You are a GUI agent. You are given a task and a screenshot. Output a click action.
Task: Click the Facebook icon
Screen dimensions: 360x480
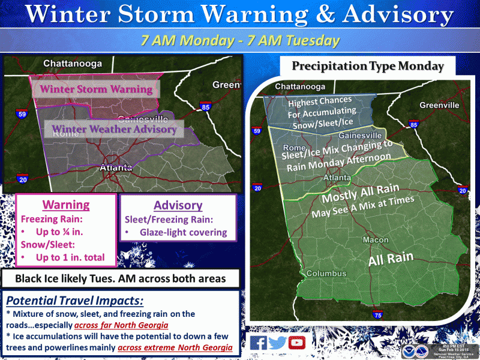(259, 343)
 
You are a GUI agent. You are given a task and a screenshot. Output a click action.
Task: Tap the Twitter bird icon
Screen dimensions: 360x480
(277, 343)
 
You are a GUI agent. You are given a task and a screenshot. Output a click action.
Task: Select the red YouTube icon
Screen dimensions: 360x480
(296, 343)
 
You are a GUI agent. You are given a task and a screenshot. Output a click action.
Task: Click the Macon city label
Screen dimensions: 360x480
(375, 240)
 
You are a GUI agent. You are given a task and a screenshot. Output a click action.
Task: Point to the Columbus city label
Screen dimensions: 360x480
(326, 274)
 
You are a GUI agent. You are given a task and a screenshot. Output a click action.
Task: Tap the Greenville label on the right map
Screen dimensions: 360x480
(439, 105)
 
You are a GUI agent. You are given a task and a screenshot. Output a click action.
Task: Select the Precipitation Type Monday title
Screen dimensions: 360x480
(368, 66)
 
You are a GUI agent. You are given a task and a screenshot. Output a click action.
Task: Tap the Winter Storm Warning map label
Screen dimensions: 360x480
(96, 89)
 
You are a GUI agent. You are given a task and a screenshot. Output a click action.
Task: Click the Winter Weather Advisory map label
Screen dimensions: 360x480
(114, 128)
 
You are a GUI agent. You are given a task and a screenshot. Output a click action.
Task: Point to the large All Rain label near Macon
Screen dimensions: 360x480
(391, 259)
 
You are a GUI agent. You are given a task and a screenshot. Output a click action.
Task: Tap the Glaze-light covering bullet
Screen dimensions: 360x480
(180, 233)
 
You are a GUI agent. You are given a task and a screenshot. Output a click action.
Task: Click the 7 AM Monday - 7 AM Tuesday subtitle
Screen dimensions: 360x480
(240, 41)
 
